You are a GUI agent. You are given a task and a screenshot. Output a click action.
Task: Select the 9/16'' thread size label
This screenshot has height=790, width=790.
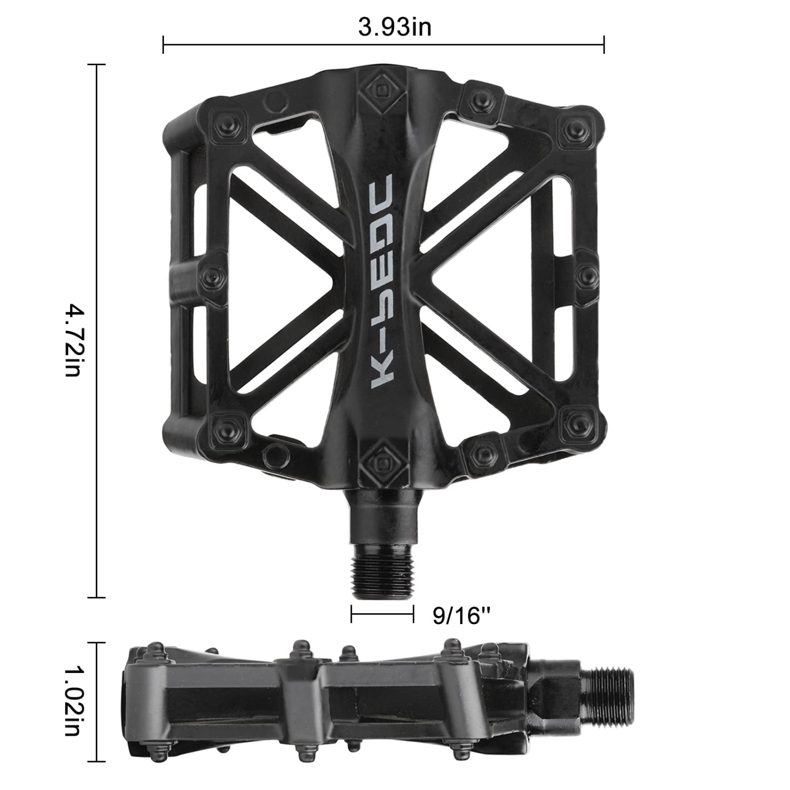click(461, 615)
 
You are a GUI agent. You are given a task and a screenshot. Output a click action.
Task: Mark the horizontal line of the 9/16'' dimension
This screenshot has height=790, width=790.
click(383, 614)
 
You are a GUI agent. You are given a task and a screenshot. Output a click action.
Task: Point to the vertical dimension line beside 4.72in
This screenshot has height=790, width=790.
click(96, 331)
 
